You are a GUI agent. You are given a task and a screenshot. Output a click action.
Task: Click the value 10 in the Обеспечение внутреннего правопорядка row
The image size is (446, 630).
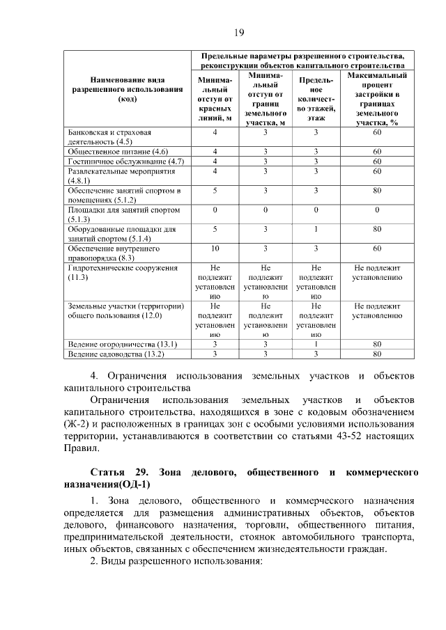click(215, 248)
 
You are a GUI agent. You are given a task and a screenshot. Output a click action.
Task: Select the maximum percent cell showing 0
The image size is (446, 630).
click(376, 209)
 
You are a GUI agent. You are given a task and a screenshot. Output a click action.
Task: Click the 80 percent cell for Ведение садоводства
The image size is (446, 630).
click(376, 354)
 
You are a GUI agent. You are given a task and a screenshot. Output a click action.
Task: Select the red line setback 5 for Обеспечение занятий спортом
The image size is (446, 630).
click(215, 189)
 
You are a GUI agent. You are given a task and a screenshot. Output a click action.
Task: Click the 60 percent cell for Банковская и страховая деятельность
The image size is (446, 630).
click(376, 132)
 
